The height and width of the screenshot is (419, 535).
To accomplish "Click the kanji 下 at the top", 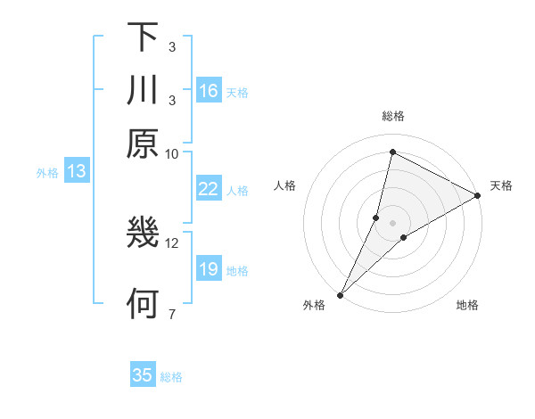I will [x=143, y=37].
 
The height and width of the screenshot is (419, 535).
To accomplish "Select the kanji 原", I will [x=143, y=144].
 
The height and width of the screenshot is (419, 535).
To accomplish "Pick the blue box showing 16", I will [x=209, y=91].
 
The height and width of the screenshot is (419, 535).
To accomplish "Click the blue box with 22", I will [x=209, y=189].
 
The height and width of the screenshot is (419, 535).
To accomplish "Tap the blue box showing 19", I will [x=209, y=269].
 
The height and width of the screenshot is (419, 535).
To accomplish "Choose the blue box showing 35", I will [x=143, y=375].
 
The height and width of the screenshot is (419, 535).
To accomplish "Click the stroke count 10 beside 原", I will [x=172, y=153].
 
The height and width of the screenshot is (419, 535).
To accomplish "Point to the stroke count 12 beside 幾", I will [x=172, y=242].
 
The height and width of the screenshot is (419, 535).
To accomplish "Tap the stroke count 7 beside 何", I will [x=172, y=314].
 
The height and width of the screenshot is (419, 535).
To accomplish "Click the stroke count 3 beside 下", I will [x=172, y=46].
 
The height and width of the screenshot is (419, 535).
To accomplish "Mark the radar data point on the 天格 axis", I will [x=478, y=196].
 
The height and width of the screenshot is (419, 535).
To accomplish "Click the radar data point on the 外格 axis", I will [x=340, y=294].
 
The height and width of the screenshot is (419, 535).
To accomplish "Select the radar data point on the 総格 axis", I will [x=392, y=152].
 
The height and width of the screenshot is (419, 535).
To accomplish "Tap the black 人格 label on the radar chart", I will [x=285, y=185].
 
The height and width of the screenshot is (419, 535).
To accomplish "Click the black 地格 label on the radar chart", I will [x=467, y=306].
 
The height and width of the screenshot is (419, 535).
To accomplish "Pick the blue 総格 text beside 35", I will [x=171, y=377].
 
